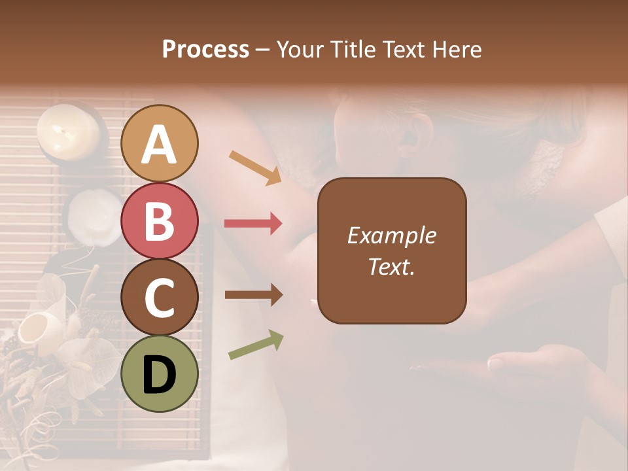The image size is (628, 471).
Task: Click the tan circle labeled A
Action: point(160,143)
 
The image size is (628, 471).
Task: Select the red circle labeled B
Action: point(160,220)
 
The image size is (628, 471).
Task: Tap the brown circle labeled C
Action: point(160,297)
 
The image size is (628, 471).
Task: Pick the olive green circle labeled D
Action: point(160,374)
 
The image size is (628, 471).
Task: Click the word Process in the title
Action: point(205,49)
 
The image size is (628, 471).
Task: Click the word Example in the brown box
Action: point(391,235)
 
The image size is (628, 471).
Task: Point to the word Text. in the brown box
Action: point(391,266)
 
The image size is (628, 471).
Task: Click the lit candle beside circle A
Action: point(67,131)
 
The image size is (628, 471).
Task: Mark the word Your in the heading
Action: point(300,49)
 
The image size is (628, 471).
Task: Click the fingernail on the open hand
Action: point(495,361)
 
